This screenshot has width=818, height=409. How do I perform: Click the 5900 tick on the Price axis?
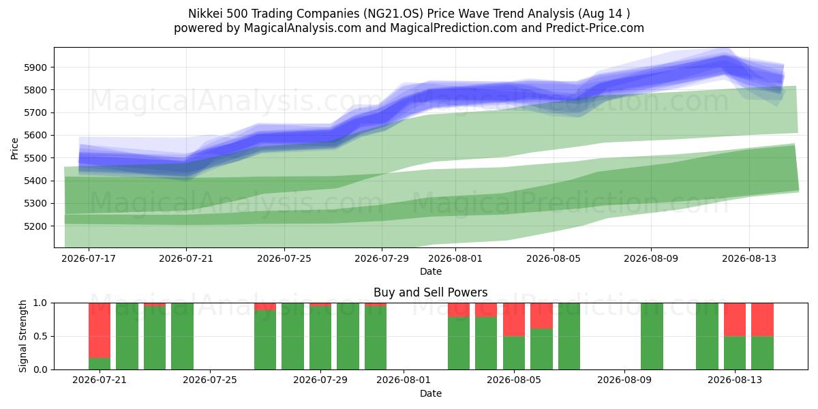point(35,67)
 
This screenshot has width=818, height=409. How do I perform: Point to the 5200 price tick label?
point(35,226)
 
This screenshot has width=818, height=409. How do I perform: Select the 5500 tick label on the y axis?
point(35,158)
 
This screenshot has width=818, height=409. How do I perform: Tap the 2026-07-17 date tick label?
point(89,258)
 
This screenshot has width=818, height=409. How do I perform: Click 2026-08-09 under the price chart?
point(651,258)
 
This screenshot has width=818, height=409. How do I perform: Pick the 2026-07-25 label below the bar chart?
point(210,380)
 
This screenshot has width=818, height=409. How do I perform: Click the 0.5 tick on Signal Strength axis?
point(40,336)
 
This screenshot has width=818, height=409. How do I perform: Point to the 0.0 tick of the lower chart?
point(40,369)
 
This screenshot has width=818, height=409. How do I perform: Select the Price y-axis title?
point(14,149)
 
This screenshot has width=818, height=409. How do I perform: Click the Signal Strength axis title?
point(22,336)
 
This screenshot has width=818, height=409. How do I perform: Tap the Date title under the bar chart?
point(431,393)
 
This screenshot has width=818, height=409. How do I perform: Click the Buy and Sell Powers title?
point(431,292)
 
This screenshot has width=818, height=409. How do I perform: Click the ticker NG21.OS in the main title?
point(393,14)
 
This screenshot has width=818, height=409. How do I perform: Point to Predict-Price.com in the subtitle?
point(595,28)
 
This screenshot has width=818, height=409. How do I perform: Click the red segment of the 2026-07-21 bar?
point(100,331)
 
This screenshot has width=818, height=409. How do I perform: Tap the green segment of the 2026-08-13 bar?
point(735,353)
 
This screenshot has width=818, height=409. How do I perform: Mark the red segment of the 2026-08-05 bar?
point(514,320)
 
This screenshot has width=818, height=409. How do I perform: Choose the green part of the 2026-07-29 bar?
point(320,338)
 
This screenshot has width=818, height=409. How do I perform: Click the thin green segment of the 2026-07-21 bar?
point(100,364)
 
